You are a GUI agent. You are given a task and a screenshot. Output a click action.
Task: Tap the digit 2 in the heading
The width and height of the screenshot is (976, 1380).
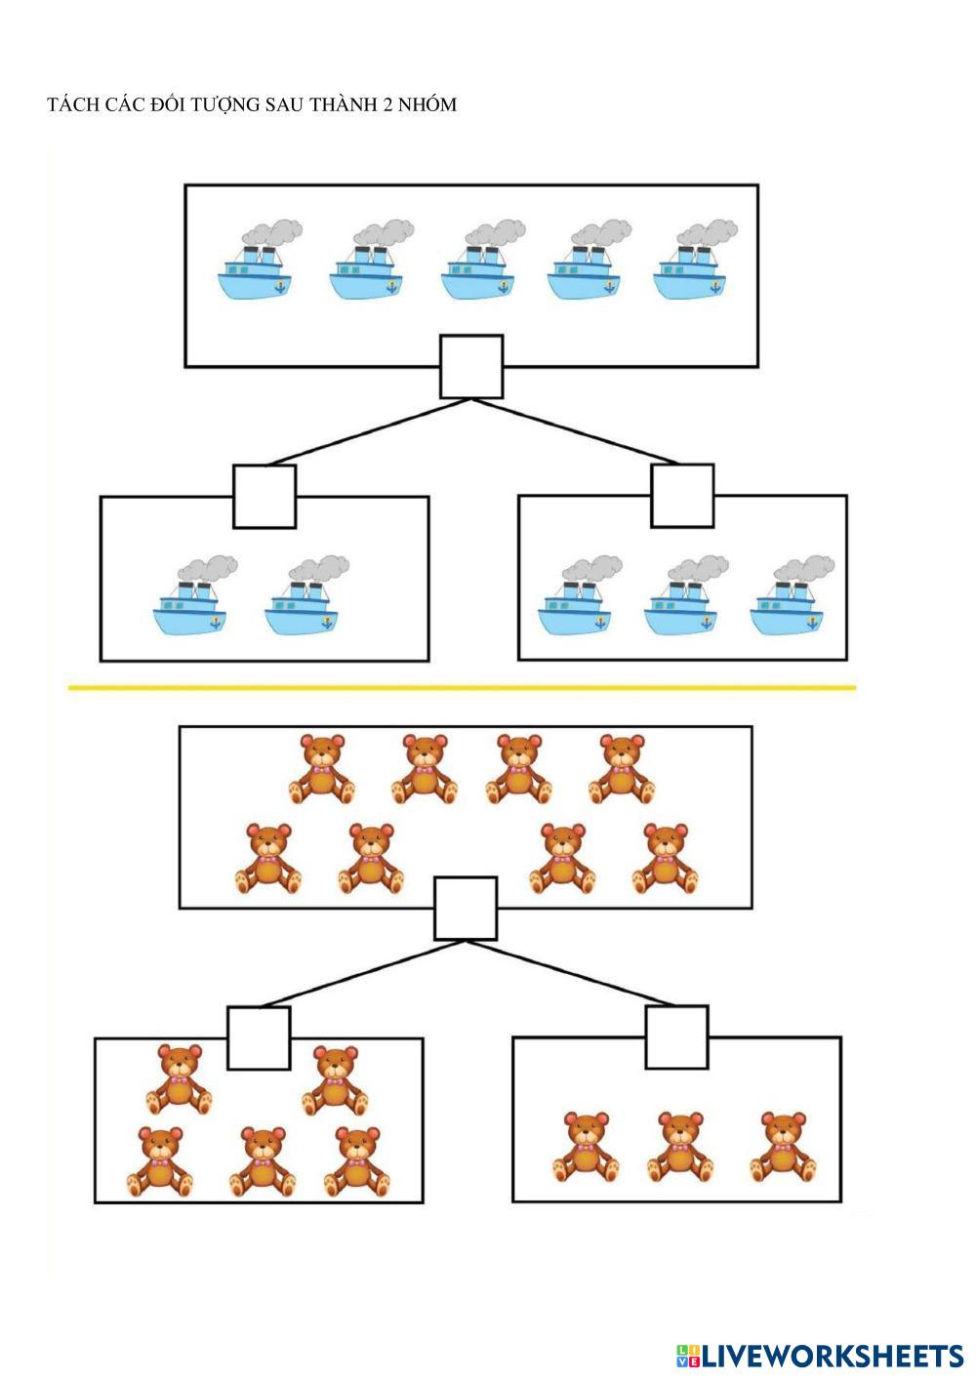tap(386, 105)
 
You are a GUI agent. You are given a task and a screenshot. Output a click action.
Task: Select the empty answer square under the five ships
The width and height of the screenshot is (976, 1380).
tap(471, 367)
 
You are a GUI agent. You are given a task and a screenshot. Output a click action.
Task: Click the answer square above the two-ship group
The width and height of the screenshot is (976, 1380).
tap(264, 497)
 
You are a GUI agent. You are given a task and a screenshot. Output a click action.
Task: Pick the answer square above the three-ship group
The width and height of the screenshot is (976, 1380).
tap(682, 496)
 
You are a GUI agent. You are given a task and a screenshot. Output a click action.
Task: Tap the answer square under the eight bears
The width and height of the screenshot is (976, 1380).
tap(466, 909)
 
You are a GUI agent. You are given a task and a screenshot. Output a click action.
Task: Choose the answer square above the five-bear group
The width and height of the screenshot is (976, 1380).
tap(259, 1037)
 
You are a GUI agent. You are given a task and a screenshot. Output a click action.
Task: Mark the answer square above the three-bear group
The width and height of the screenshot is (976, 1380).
tap(676, 1036)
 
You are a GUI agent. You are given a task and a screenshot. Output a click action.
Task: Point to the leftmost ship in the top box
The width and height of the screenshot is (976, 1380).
tap(256, 263)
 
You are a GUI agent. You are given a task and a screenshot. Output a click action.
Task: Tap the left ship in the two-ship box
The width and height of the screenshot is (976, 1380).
tap(191, 599)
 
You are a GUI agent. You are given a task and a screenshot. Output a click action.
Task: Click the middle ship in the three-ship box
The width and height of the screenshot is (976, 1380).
tap(682, 598)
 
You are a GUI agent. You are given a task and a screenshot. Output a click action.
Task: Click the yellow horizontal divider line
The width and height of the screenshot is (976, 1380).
tap(462, 688)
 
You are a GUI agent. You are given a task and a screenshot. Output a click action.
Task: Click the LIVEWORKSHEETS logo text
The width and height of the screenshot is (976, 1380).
tap(832, 1356)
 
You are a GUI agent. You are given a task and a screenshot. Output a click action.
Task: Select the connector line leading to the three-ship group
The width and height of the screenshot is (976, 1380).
tap(576, 431)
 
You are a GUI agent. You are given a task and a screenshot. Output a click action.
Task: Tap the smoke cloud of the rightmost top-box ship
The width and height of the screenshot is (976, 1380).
tap(707, 232)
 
